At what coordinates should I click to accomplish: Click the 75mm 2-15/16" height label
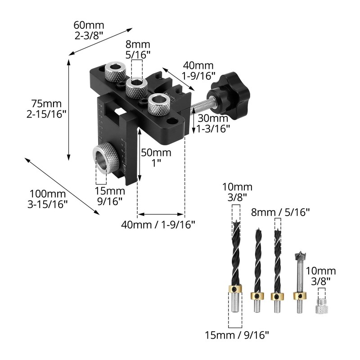coord(47,108)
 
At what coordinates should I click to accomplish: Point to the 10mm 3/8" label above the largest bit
coord(238,192)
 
